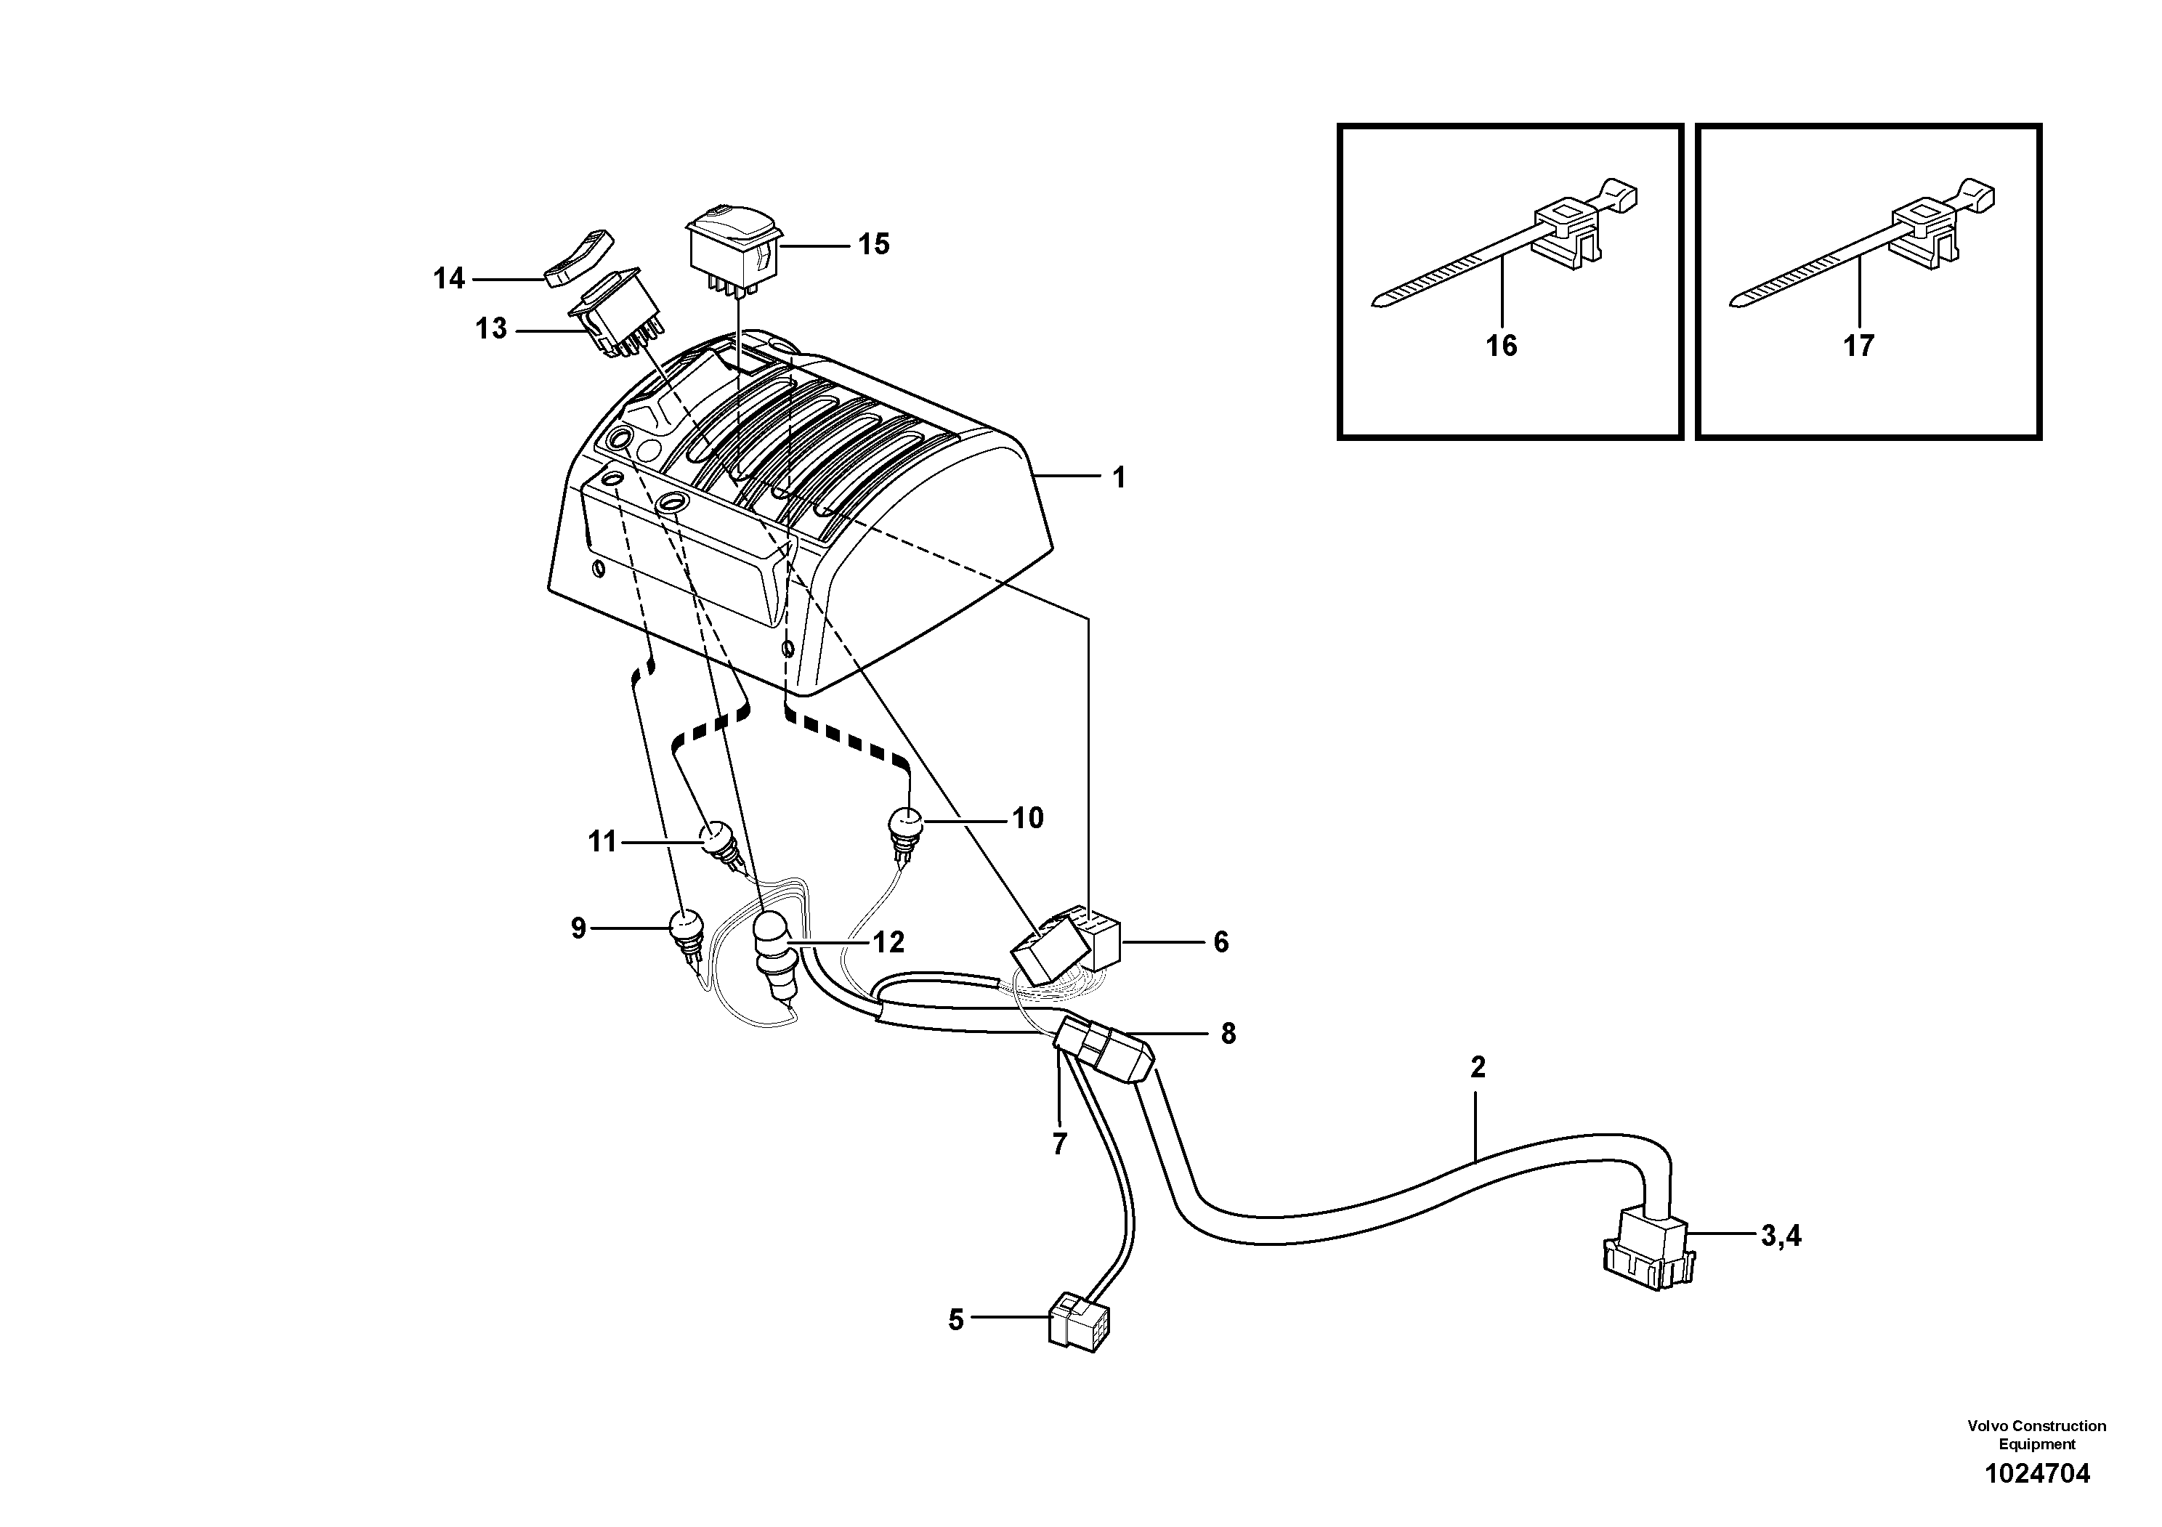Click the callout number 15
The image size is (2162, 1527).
point(873,245)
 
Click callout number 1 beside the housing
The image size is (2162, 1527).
point(1119,478)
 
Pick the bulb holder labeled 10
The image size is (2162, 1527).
point(903,828)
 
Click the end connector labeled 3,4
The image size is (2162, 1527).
point(1650,1249)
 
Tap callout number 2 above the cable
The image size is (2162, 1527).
point(1478,1068)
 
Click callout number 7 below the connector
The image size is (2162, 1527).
point(1059,1145)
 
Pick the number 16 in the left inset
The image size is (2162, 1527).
point(1501,347)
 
